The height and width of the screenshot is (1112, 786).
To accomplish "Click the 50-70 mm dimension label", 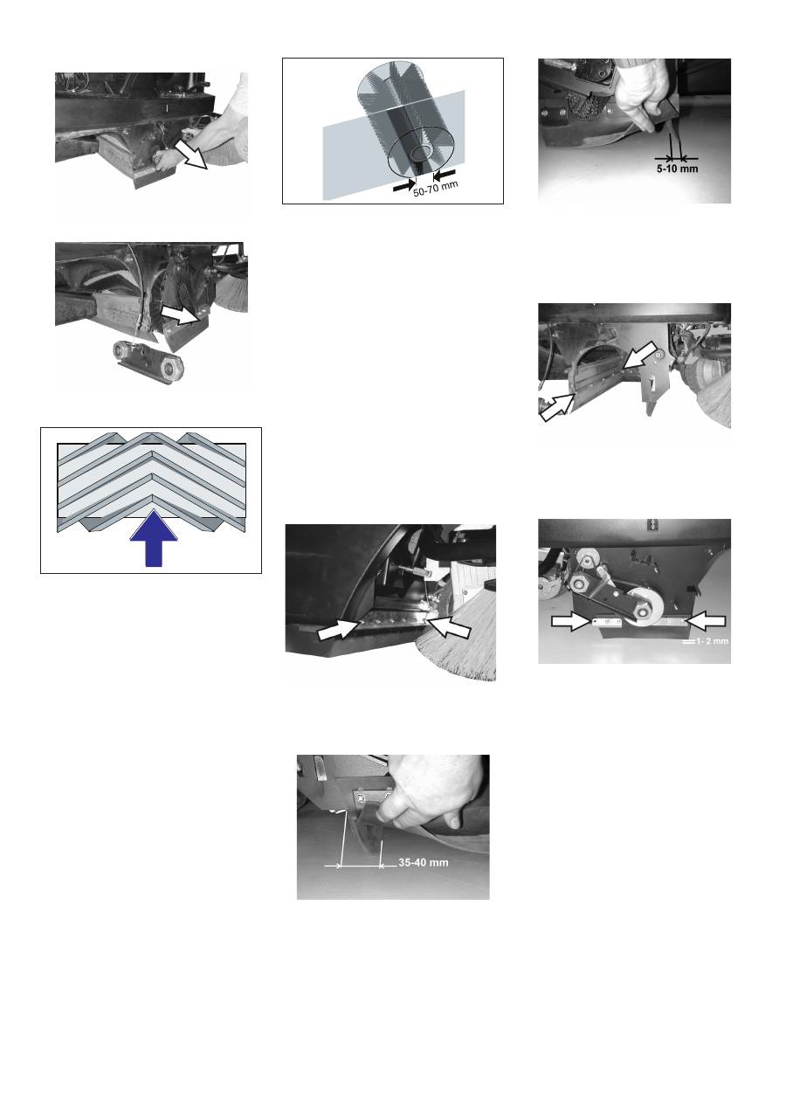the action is [436, 189].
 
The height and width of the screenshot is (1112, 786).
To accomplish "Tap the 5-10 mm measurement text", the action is [677, 169].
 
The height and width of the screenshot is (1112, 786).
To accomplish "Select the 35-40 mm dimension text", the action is [424, 862].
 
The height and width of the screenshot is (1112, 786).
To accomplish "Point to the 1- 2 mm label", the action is [712, 641].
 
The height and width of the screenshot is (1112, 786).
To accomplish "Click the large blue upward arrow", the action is [154, 538].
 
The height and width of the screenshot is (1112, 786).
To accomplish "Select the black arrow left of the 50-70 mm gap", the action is [403, 187].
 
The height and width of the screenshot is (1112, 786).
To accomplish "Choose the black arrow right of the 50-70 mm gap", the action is [445, 174].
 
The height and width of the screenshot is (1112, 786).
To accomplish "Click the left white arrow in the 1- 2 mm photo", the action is [573, 621].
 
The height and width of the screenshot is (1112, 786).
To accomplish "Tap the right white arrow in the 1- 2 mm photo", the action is [705, 620].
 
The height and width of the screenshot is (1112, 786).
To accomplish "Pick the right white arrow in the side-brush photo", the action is [449, 626].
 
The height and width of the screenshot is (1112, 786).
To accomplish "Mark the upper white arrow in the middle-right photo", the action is [639, 355].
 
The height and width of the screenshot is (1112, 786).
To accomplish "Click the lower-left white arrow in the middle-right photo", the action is [558, 407].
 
